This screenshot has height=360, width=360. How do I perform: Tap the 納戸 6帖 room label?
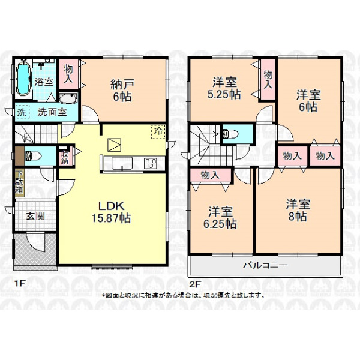pyautogui.click(x=122, y=90)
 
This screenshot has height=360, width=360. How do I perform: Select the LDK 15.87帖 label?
pyautogui.click(x=112, y=212)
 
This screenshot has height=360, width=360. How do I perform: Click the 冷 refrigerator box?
pyautogui.click(x=158, y=132)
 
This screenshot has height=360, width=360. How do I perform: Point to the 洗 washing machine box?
pyautogui.click(x=22, y=112)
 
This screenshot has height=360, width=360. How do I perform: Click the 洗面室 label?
pyautogui.click(x=52, y=112)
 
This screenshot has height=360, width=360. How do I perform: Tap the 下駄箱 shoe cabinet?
pyautogui.click(x=20, y=183)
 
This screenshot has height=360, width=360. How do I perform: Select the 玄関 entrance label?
pyautogui.click(x=35, y=216)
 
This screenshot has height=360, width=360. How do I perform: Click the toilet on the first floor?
pyautogui.click(x=33, y=156)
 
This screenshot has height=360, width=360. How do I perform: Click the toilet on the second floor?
pyautogui.click(x=231, y=134)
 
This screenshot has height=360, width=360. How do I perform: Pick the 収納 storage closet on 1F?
pyautogui.click(x=65, y=156)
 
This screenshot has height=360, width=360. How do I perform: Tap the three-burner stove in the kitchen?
pyautogui.click(x=151, y=163)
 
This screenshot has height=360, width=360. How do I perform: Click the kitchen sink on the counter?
pyautogui.click(x=122, y=163)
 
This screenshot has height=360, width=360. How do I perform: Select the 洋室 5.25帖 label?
pyautogui.click(x=224, y=88)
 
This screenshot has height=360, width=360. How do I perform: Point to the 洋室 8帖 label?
pyautogui.click(x=298, y=210)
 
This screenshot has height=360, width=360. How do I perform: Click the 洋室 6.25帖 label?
pyautogui.click(x=220, y=218)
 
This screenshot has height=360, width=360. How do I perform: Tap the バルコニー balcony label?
pyautogui.click(x=265, y=266)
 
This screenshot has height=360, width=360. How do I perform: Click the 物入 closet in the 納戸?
pyautogui.click(x=68, y=74)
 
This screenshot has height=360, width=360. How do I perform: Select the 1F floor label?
pyautogui.click(x=19, y=284)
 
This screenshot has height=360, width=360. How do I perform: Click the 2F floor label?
pyautogui.click(x=195, y=284)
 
